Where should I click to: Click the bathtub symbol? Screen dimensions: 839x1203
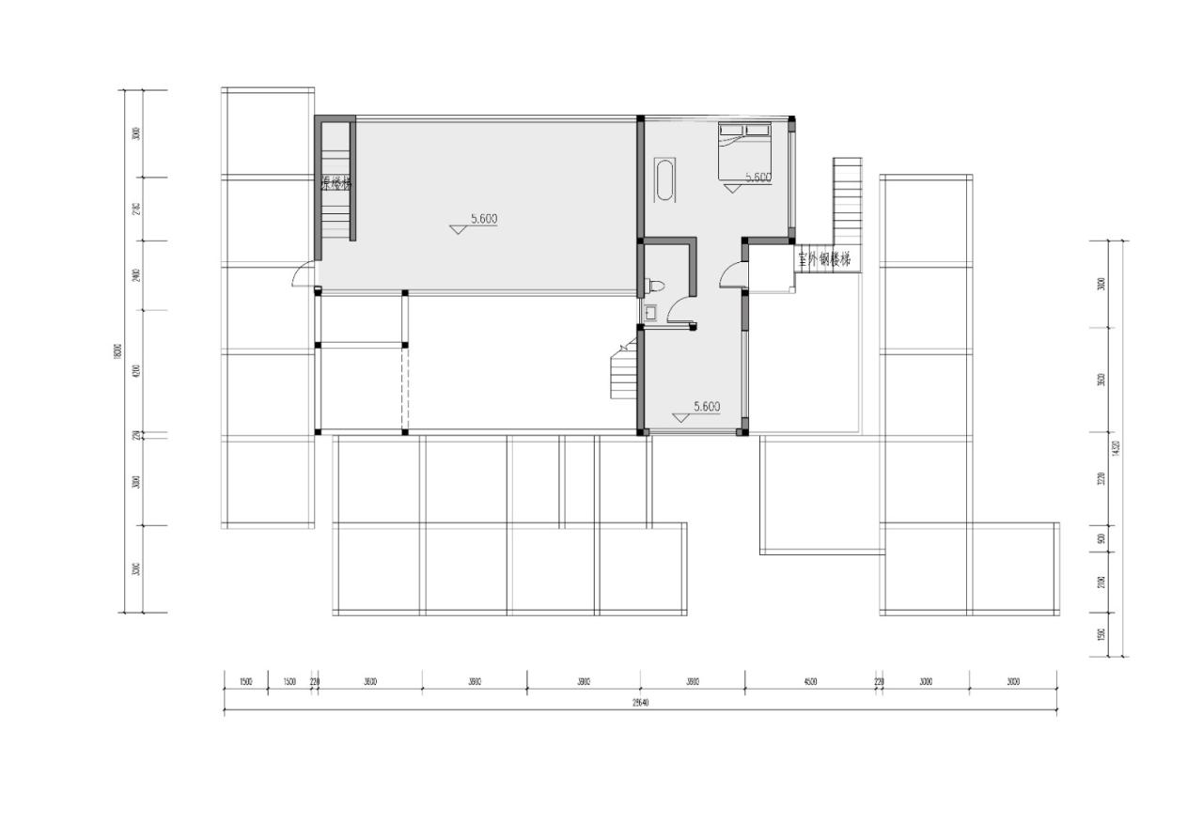(664, 180)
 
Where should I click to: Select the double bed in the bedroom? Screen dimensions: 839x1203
(746, 149)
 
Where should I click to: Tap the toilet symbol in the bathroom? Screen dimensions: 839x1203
(656, 286)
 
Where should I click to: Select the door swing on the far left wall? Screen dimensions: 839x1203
(303, 274)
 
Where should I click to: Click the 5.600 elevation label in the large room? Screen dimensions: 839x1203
(483, 219)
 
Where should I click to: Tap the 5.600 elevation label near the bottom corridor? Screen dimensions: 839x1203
(706, 407)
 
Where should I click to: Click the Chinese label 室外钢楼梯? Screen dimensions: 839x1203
(824, 259)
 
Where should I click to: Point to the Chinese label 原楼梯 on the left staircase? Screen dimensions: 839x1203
(336, 184)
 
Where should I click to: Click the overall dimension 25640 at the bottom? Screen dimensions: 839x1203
(641, 703)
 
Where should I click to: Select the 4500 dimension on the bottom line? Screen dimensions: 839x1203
(810, 682)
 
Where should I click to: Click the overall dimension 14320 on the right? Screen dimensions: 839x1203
(1116, 449)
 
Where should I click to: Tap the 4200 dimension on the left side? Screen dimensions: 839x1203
(136, 371)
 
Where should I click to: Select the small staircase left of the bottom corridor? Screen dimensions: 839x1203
(623, 372)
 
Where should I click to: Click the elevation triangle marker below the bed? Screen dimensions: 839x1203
(732, 189)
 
